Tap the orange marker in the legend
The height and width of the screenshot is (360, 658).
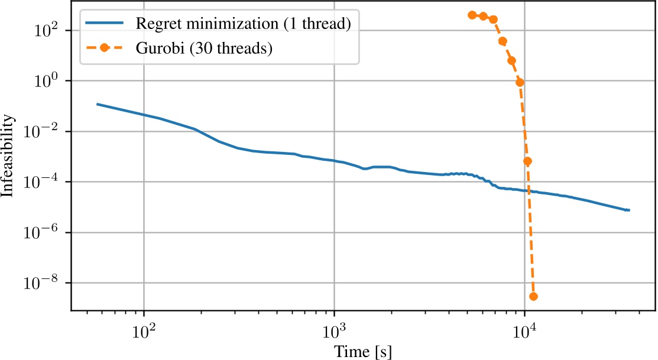pyautogui.click(x=105, y=48)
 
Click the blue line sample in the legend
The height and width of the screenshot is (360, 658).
pyautogui.click(x=105, y=24)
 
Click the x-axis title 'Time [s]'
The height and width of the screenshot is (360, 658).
pyautogui.click(x=363, y=351)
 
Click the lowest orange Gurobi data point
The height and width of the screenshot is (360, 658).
pyautogui.click(x=533, y=296)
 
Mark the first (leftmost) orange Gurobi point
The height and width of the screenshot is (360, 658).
pyautogui.click(x=472, y=15)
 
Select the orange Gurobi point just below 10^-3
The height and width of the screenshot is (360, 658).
pyautogui.click(x=528, y=161)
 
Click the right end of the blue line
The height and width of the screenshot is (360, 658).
pyautogui.click(x=629, y=210)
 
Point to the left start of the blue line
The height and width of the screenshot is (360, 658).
pyautogui.click(x=98, y=104)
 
